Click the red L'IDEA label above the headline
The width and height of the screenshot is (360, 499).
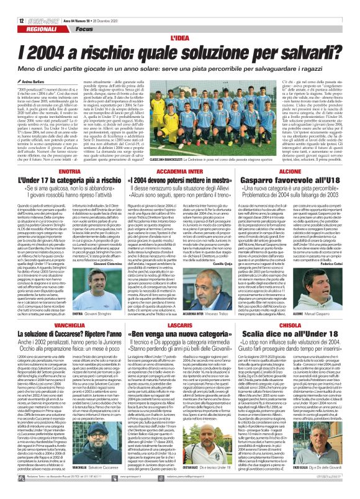(x=179, y=21)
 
